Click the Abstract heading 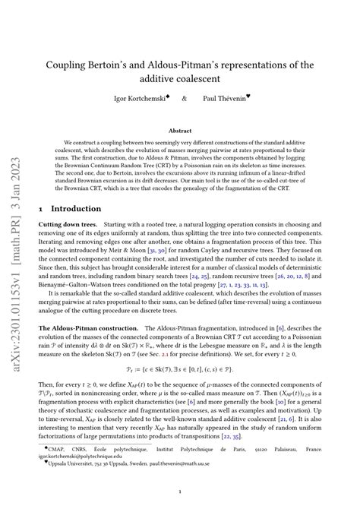tap(179, 131)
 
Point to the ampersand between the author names tap(185, 98)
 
